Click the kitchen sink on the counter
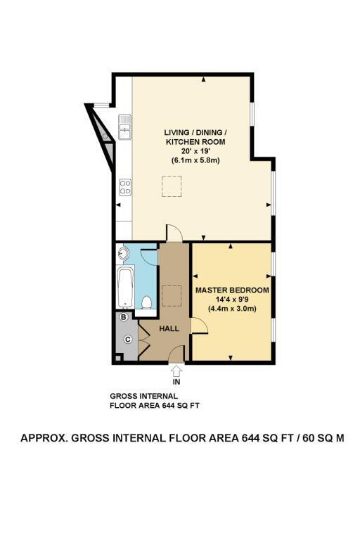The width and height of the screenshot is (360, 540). pyautogui.click(x=124, y=127)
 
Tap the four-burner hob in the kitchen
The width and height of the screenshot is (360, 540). pyautogui.click(x=125, y=187)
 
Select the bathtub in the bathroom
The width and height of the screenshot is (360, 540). pyautogui.click(x=124, y=287)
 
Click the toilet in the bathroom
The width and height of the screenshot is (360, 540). pyautogui.click(x=147, y=302)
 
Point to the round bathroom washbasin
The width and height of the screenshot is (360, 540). pyautogui.click(x=122, y=253)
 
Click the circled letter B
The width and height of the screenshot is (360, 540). pyautogui.click(x=123, y=316)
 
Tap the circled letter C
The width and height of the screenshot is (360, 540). pyautogui.click(x=128, y=340)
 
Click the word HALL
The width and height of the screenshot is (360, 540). pyautogui.click(x=169, y=328)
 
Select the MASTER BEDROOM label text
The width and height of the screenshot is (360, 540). pyautogui.click(x=232, y=290)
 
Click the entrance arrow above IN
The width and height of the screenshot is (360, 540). pyautogui.click(x=176, y=371)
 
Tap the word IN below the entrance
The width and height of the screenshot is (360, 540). pyautogui.click(x=176, y=382)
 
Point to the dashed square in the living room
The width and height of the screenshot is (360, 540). pyautogui.click(x=172, y=186)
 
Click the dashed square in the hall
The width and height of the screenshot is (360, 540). pyautogui.click(x=172, y=295)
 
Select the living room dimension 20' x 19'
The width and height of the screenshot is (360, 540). pyautogui.click(x=195, y=151)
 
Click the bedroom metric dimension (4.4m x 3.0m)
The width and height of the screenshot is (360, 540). pyautogui.click(x=232, y=309)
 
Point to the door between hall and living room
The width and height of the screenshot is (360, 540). pyautogui.click(x=174, y=232)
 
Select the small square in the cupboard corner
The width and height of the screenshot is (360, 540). pyautogui.click(x=118, y=358)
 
